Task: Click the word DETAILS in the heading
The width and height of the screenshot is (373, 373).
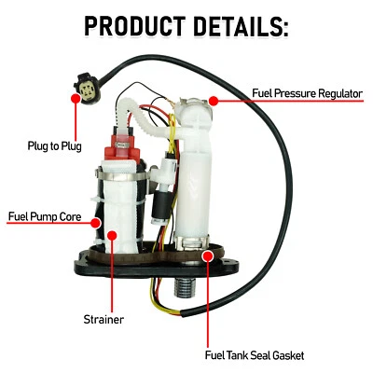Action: (240, 25)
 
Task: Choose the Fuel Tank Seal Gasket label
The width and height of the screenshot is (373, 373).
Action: (253, 354)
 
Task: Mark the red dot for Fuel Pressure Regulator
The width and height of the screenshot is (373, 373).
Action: (214, 99)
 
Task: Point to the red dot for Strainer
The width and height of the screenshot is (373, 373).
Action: (112, 238)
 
